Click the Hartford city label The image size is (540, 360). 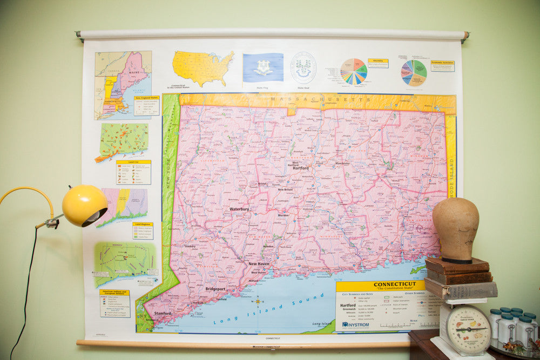click(x=301, y=168)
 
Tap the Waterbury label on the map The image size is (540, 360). click(x=239, y=209)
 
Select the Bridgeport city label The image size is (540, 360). click(x=215, y=289)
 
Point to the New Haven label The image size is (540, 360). click(x=259, y=264)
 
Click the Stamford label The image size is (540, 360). click(x=163, y=313)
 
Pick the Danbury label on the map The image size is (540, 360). click(x=190, y=246)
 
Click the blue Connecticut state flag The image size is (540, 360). click(x=263, y=67)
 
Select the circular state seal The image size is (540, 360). click(x=303, y=67)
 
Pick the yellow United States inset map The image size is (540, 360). click(x=202, y=67)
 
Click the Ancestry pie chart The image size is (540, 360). click(x=354, y=72)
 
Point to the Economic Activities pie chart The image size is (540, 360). click(x=414, y=73)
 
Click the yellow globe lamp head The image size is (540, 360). click(x=84, y=206)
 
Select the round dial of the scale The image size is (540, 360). click(x=469, y=329)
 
